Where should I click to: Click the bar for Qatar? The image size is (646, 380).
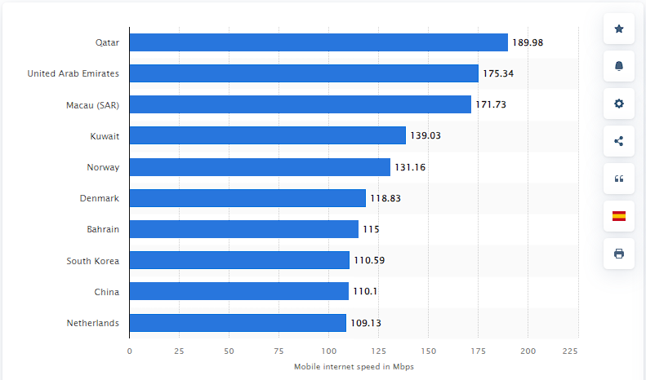pos(319,42)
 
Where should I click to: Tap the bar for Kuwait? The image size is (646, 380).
pos(267,135)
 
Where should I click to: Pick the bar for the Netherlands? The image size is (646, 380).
pos(238,323)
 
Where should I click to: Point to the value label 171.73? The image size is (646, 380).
pos(492,105)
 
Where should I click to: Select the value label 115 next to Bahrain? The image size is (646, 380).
pos(372,230)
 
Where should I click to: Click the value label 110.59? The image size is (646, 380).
pos(369,261)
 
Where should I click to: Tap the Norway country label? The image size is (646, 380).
pos(103,167)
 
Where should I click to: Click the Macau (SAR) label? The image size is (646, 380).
pos(92,105)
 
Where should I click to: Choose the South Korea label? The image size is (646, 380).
pos(93,261)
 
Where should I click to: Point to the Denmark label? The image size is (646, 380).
pos(100,198)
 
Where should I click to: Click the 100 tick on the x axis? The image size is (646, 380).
pos(328,351)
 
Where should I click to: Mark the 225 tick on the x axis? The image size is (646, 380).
pos(570,351)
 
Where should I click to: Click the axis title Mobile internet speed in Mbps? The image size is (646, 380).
pos(354,367)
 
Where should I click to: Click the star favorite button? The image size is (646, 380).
pos(618,29)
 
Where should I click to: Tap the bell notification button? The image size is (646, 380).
pos(618,66)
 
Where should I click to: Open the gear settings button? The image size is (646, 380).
pos(618,104)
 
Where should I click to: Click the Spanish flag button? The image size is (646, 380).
pos(618,216)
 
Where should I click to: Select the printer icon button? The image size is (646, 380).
pos(618,254)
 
